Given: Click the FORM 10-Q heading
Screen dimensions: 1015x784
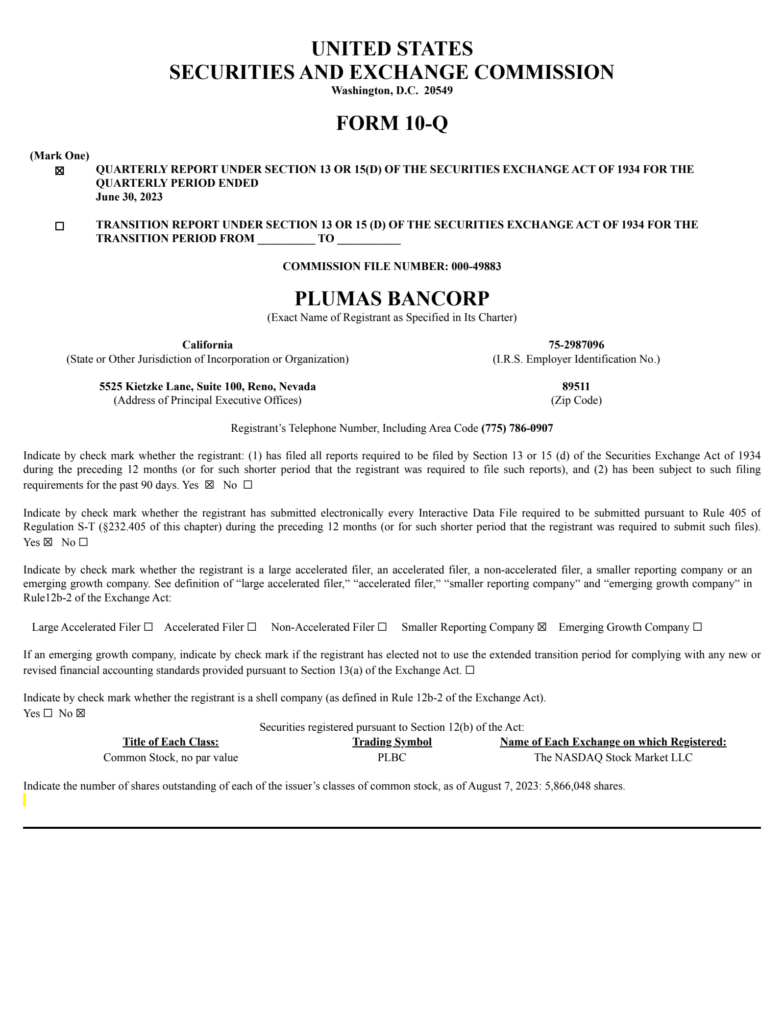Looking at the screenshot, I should [x=392, y=123].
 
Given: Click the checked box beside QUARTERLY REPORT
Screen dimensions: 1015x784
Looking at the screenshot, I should [x=59, y=171].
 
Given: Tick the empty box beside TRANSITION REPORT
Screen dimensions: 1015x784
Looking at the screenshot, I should [x=59, y=226].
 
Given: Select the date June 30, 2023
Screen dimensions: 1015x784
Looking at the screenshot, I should [x=129, y=197].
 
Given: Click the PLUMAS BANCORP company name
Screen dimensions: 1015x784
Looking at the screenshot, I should [x=392, y=298].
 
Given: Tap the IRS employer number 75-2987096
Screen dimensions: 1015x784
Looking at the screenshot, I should [x=576, y=345].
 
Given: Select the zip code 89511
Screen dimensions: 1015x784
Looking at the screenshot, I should [x=576, y=386].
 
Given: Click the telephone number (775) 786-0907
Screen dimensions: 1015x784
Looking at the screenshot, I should [x=517, y=428].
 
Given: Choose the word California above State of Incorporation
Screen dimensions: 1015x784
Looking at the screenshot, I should [x=207, y=345].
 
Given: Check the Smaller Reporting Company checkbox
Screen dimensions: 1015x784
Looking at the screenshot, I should [x=541, y=627].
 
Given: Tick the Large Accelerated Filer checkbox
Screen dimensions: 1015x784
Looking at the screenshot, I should [x=148, y=627].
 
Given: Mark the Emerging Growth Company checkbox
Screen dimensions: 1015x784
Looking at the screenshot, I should [x=697, y=627].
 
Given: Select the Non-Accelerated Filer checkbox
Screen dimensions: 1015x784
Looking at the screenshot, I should [x=382, y=627].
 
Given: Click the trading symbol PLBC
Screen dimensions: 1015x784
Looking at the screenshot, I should [x=392, y=758].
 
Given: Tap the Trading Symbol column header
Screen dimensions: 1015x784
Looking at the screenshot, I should [x=392, y=742].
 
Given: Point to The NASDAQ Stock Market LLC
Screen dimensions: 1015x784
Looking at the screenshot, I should [x=613, y=758].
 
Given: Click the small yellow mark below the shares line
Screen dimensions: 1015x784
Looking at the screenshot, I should [x=25, y=800].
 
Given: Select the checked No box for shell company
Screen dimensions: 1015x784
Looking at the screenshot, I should [x=80, y=714].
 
